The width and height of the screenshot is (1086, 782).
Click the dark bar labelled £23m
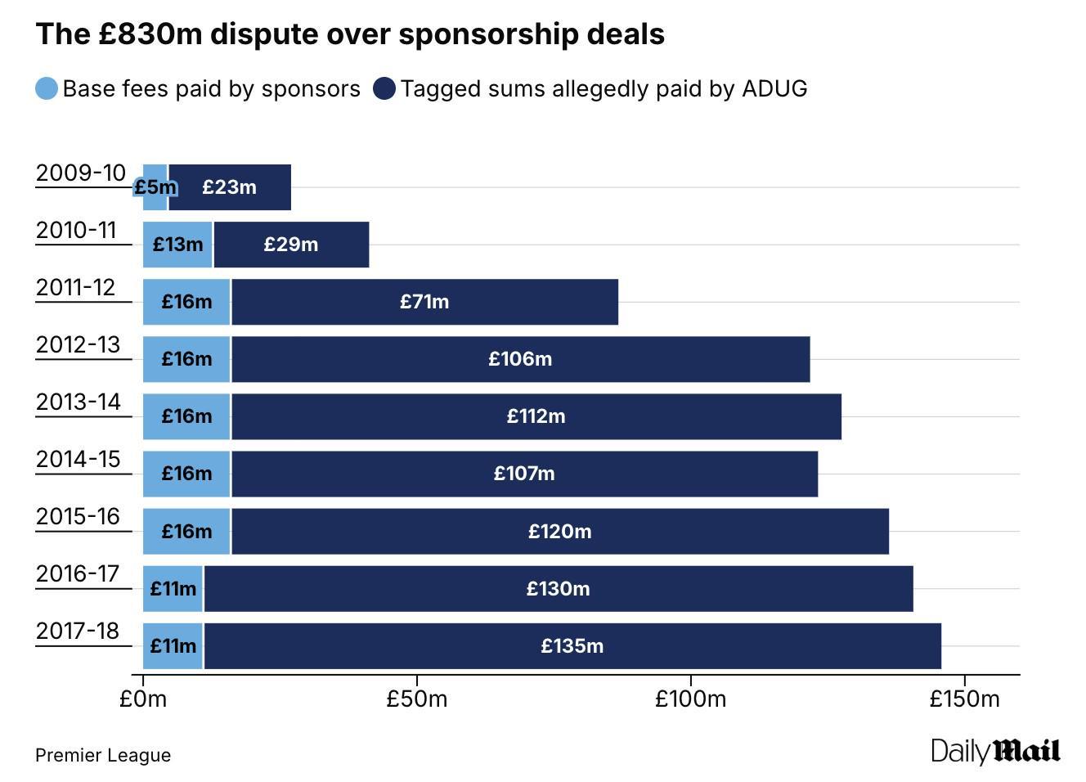pyautogui.click(x=230, y=187)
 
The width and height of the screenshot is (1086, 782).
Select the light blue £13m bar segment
pyautogui.click(x=177, y=245)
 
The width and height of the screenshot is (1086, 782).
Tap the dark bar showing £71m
pyautogui.click(x=424, y=302)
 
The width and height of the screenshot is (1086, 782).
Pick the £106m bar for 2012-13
pyautogui.click(x=521, y=359)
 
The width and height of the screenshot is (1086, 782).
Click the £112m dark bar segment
pyautogui.click(x=536, y=416)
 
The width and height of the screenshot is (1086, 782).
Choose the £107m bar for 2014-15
pyautogui.click(x=524, y=474)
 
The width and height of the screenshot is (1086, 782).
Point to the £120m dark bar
pyautogui.click(x=560, y=531)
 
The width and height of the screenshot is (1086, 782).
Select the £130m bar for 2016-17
pyautogui.click(x=559, y=588)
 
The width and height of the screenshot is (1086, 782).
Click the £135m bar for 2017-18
pyautogui.click(x=572, y=645)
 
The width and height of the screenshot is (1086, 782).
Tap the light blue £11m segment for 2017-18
pyautogui.click(x=173, y=645)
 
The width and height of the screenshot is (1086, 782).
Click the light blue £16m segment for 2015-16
pyautogui.click(x=186, y=531)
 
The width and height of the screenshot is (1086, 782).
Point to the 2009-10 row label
pyautogui.click(x=80, y=173)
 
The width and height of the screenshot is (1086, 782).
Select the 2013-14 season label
pyautogui.click(x=78, y=402)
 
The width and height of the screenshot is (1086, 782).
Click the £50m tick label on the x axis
pyautogui.click(x=417, y=699)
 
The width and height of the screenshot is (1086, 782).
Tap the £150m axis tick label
pyautogui.click(x=965, y=699)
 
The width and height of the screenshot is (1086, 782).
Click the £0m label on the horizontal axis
pyautogui.click(x=143, y=699)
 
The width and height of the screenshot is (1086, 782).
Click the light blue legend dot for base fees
pyautogui.click(x=47, y=88)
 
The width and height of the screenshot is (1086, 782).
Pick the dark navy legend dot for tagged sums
pyautogui.click(x=384, y=88)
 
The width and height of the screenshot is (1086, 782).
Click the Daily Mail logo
pyautogui.click(x=996, y=751)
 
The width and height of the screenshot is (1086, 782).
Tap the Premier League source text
pyautogui.click(x=103, y=755)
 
